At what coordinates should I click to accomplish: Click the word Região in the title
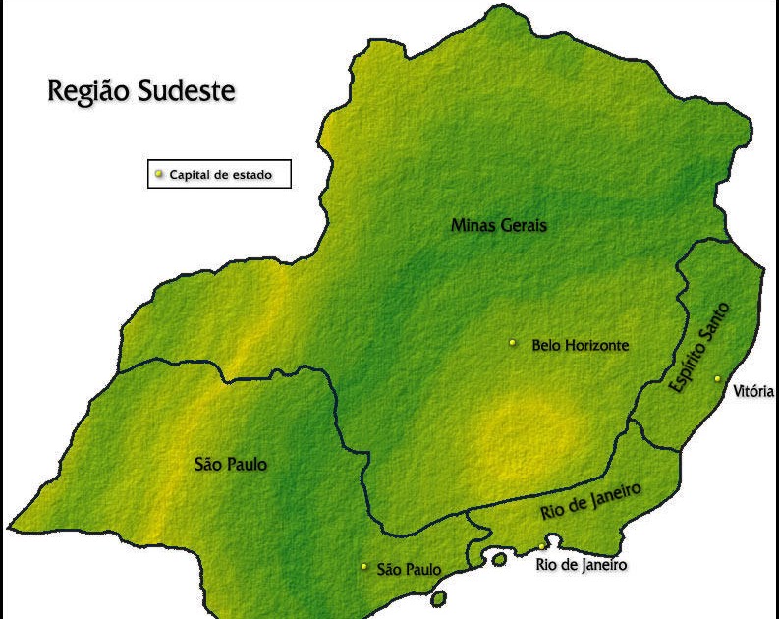point(92,92)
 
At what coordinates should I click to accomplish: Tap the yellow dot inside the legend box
point(159,174)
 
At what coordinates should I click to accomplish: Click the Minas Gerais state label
point(498,225)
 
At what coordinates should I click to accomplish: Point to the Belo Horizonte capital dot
point(512,343)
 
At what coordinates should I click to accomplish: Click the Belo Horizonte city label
point(580,345)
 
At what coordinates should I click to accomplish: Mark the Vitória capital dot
point(717,379)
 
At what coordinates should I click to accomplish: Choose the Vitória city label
point(753,392)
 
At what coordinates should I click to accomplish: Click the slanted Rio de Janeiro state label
point(590,502)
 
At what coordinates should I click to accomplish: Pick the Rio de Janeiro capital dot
point(542,546)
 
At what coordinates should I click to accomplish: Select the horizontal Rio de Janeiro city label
point(581,565)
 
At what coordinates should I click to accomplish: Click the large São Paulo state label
point(231,465)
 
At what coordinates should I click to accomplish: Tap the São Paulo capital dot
point(363,567)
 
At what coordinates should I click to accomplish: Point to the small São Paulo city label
point(409,569)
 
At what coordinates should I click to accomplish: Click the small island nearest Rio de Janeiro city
point(499,560)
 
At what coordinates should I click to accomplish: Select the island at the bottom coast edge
point(438,596)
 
